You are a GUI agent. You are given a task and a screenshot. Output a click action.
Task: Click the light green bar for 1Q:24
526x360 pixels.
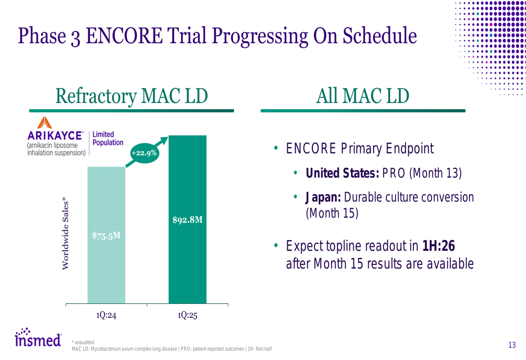(106, 235)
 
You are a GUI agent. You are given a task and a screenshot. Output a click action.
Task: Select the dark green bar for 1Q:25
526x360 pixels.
(188, 219)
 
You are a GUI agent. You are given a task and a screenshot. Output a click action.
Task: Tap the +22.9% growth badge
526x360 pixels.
(144, 153)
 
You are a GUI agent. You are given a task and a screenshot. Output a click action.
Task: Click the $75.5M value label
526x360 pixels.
(106, 235)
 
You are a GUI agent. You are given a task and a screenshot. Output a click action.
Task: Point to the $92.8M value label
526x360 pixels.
(188, 220)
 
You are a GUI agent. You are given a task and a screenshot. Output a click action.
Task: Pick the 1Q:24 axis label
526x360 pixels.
(106, 315)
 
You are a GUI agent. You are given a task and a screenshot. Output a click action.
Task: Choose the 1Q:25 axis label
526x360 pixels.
(188, 315)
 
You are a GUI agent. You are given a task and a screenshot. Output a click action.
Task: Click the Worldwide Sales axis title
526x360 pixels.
(65, 233)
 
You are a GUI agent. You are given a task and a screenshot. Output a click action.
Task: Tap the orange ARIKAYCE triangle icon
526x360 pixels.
(45, 122)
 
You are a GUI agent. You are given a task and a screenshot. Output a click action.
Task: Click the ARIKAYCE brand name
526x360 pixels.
(55, 136)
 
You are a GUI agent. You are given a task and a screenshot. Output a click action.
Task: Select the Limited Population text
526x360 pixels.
(108, 138)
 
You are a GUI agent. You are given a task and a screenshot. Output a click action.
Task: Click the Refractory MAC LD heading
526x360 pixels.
(131, 96)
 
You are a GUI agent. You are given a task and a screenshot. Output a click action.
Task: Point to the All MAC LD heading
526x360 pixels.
(362, 96)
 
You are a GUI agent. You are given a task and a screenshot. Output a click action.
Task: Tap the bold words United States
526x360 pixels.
(342, 173)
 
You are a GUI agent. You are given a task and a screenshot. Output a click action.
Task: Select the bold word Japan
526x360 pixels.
(323, 198)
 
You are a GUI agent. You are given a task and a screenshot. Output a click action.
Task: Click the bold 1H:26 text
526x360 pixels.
(439, 246)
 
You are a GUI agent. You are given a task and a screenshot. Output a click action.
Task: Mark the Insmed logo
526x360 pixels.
(38, 337)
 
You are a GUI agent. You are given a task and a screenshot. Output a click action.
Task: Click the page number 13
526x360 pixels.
(512, 345)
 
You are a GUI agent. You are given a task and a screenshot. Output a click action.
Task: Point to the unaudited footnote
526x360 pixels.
(83, 342)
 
